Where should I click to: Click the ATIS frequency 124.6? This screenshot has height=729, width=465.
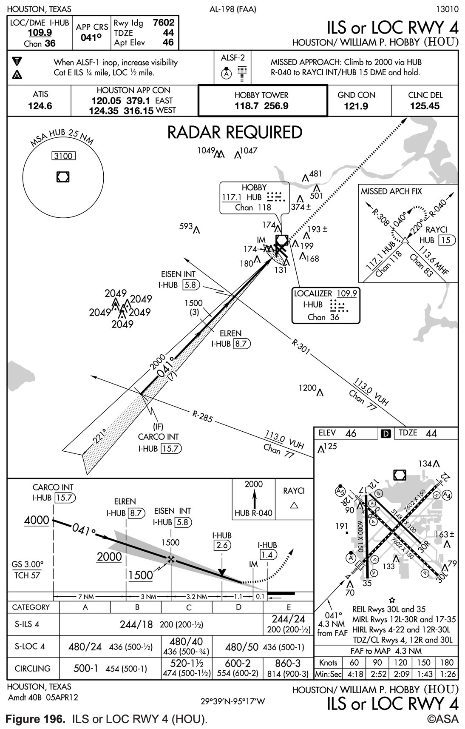click(x=40, y=106)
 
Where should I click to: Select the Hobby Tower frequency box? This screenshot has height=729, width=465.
click(x=262, y=100)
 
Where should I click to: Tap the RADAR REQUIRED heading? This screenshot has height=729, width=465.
click(x=235, y=132)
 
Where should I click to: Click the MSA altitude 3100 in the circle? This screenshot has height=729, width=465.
click(x=63, y=156)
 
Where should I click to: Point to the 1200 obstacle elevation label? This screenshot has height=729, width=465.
click(x=307, y=388)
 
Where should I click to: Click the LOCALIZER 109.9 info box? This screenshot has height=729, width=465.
click(x=326, y=305)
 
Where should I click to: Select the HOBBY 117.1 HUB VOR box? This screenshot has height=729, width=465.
click(x=254, y=197)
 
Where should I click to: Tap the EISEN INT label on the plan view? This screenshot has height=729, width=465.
click(x=179, y=274)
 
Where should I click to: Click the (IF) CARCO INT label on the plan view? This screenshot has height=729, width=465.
click(x=159, y=437)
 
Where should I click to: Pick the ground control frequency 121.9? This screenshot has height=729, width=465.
click(x=356, y=106)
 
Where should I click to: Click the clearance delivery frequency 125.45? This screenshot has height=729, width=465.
click(x=425, y=106)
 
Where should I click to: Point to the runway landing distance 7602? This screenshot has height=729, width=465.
click(x=163, y=23)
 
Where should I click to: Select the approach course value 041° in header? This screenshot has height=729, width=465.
click(x=91, y=37)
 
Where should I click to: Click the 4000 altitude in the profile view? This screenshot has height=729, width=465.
click(x=37, y=520)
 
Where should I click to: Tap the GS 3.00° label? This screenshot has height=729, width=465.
click(x=27, y=564)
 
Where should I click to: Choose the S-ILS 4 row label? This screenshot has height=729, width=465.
click(x=27, y=624)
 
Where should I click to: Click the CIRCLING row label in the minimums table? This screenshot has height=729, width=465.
click(x=32, y=669)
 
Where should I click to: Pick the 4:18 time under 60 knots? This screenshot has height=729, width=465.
click(x=354, y=674)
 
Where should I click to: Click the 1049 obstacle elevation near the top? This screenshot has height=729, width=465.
click(x=207, y=150)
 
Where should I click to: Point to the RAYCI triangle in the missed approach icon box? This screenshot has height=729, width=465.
click(x=294, y=505)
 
